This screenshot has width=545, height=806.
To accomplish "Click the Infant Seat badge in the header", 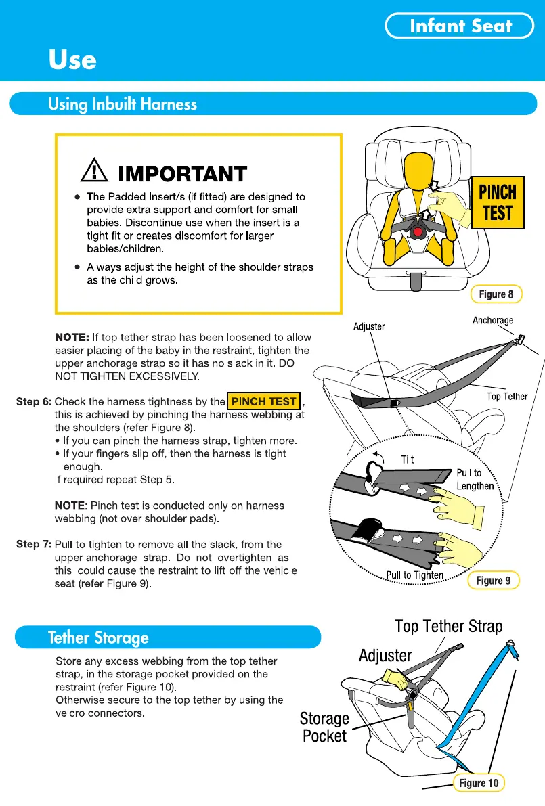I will [460, 26].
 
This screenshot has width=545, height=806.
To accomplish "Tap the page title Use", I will [72, 60].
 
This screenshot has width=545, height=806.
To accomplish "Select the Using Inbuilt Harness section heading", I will [123, 104].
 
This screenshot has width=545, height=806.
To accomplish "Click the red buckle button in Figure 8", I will [418, 232].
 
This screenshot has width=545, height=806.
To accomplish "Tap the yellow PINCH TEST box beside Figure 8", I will [498, 202].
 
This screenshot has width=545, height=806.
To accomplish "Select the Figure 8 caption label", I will [496, 294].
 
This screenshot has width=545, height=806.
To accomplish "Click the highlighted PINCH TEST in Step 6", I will [264, 401].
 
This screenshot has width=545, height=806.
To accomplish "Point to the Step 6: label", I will [33, 402].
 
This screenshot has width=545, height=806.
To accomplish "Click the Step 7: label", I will [33, 544].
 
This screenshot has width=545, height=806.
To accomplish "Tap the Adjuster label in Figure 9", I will [369, 326].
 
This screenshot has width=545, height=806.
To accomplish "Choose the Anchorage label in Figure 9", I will [493, 320].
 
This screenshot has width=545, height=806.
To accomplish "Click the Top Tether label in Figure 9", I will [506, 397].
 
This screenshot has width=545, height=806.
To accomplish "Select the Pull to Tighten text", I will [414, 575].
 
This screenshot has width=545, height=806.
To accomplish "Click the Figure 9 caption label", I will [494, 581].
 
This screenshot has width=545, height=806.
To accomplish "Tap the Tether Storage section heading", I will [98, 637].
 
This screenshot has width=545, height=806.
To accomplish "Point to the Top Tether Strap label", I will [448, 626].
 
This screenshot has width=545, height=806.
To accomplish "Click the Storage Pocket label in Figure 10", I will [324, 727].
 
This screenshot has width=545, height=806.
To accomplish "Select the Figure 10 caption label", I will [478, 783].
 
